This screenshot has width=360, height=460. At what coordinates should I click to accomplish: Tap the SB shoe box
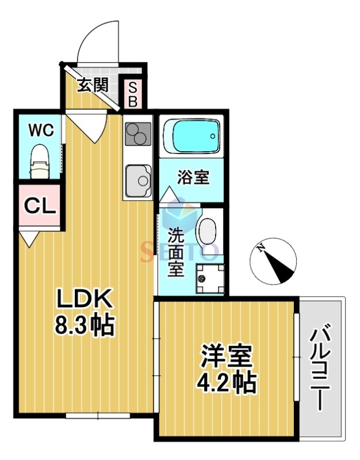pos(132,94)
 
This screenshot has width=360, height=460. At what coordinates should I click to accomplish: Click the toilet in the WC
pos(40,162)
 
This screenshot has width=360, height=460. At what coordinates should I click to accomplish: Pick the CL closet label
pos(40,206)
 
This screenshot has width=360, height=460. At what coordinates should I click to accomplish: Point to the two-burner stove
pos(137,136)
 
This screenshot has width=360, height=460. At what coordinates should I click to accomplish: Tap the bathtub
pos(192,136)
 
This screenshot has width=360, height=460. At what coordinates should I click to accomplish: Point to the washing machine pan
pos(208,278)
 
